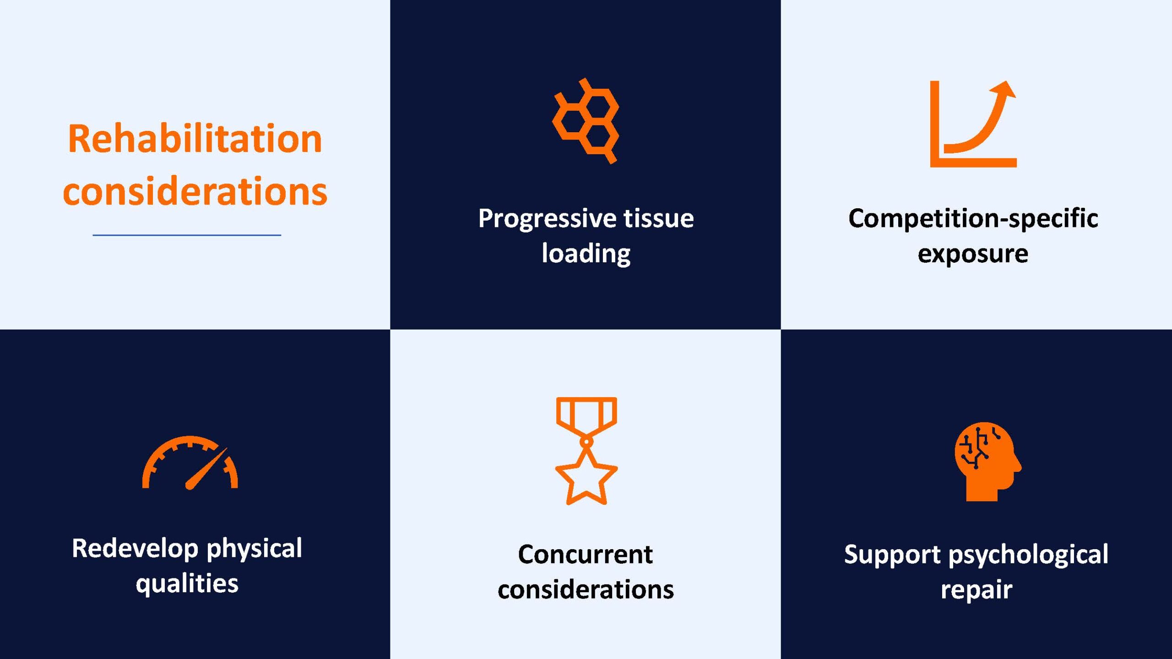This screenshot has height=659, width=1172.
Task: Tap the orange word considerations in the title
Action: pyautogui.click(x=195, y=191)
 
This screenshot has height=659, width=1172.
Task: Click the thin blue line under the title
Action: pyautogui.click(x=187, y=235)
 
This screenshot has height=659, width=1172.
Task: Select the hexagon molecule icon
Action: pyautogui.click(x=586, y=121)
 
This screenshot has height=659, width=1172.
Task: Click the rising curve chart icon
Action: pyautogui.click(x=973, y=124)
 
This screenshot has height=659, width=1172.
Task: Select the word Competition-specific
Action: pyautogui.click(x=973, y=219)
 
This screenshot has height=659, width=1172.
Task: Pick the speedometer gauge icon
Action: pyautogui.click(x=190, y=463)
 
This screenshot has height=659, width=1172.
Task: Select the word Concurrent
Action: pyautogui.click(x=586, y=555)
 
